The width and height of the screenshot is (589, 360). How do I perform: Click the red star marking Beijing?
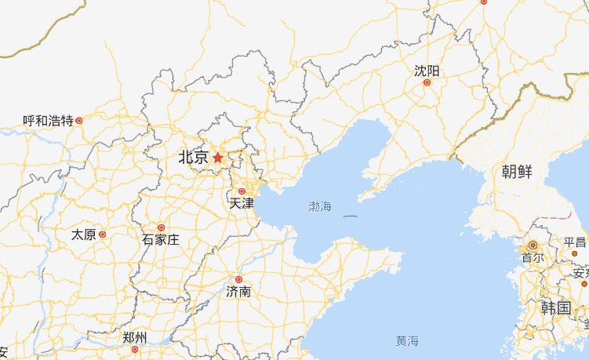click(217, 158)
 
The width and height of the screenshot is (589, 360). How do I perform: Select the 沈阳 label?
click(427, 71)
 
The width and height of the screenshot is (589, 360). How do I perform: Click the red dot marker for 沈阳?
click(427, 82)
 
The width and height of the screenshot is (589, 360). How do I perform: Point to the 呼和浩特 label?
click(48, 121)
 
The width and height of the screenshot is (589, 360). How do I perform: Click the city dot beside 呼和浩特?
click(78, 121)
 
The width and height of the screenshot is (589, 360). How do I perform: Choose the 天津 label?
click(242, 203)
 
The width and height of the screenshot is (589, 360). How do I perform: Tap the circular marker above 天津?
click(242, 191)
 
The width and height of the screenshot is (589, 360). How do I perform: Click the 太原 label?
click(83, 235)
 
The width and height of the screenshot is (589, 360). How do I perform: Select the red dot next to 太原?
click(102, 235)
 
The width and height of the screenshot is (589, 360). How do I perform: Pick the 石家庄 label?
click(161, 239)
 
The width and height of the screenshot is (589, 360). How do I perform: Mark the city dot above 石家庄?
click(162, 227)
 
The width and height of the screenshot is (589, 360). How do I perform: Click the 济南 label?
click(238, 291)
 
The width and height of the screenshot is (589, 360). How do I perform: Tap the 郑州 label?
click(135, 338)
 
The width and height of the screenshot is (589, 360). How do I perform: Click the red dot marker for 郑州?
click(135, 349)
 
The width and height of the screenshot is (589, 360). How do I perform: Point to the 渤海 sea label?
click(320, 207)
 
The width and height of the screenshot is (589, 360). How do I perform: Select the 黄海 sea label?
click(407, 341)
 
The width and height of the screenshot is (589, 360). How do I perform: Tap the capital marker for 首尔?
click(533, 245)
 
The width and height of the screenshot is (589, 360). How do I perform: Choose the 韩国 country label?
click(555, 307)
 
